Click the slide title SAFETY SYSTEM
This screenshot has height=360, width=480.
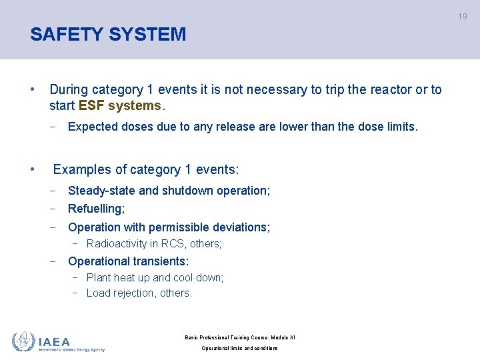(108, 34)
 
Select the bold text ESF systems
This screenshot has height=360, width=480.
(120, 106)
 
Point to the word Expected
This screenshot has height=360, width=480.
(95, 127)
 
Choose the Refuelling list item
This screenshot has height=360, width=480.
(96, 209)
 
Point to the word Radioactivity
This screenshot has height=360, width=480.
(117, 244)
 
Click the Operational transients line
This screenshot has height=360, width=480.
(128, 261)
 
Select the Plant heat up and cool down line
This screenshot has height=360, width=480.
(155, 277)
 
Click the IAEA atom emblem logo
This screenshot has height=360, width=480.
(23, 341)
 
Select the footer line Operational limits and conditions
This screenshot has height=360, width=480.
(239, 349)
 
